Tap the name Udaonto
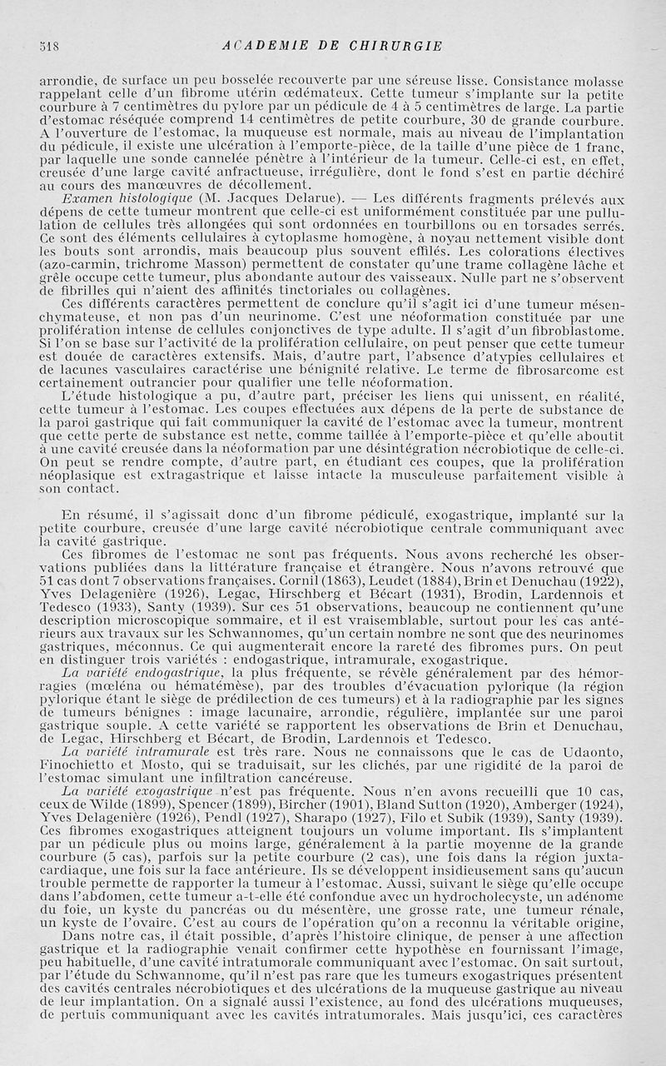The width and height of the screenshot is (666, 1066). click(594, 750)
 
